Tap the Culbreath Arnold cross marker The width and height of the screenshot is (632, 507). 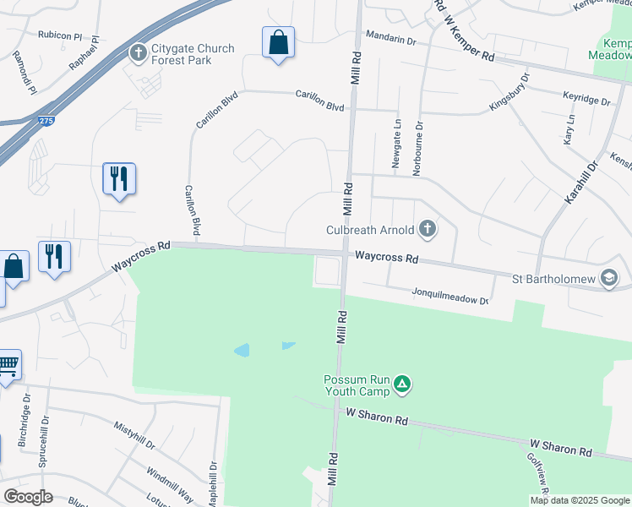coord(428,228)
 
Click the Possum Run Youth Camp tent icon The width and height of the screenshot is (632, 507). coord(404,385)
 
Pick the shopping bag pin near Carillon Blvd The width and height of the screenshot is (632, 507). coord(278,42)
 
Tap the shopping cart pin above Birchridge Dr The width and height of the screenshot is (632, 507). coord(8,366)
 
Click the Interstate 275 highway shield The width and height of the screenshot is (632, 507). coord(46,122)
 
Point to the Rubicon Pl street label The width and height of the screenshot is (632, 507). coord(59,35)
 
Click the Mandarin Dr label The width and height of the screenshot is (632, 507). coord(391,40)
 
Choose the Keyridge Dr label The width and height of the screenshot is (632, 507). coord(585,101)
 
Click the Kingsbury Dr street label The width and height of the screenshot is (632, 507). coord(509,92)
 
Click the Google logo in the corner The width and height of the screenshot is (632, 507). coord(28,497)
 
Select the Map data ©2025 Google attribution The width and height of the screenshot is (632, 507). coord(579,500)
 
